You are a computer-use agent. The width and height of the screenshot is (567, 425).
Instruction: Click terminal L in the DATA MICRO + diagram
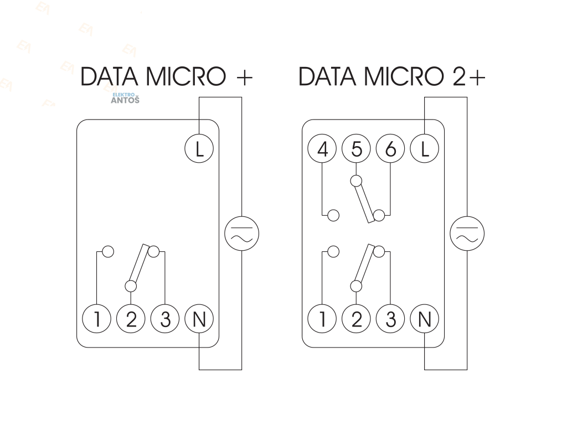coord(199,149)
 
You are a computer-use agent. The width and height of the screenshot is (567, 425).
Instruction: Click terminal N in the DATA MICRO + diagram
coord(199,319)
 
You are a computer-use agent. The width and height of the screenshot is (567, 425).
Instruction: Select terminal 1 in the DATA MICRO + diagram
coord(97,319)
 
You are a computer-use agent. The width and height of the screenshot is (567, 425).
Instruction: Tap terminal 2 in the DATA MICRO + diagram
coord(131,319)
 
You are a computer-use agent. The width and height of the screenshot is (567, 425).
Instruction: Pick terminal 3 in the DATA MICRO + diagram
coord(165,319)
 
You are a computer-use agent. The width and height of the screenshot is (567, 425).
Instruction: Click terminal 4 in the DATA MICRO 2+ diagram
coord(322,149)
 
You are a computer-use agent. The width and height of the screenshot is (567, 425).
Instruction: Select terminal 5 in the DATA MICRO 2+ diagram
coord(357,149)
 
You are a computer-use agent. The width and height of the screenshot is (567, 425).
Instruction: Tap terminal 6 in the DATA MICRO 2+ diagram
coord(390,149)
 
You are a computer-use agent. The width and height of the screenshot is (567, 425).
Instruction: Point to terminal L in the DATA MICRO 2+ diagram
coord(425,149)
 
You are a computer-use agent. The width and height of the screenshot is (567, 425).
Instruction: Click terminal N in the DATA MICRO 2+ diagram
coord(425,319)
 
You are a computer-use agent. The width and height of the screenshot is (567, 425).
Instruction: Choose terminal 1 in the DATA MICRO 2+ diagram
coord(322,319)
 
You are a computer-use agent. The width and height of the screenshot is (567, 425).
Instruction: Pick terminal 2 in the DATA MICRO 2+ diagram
coord(357,319)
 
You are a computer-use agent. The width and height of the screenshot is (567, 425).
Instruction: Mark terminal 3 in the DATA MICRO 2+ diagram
coord(390,319)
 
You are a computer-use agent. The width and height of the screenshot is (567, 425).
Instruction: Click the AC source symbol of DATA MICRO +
coord(242,233)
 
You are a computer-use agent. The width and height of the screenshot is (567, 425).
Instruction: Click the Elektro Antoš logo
coord(125,99)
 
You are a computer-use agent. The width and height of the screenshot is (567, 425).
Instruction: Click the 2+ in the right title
coord(469,77)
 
